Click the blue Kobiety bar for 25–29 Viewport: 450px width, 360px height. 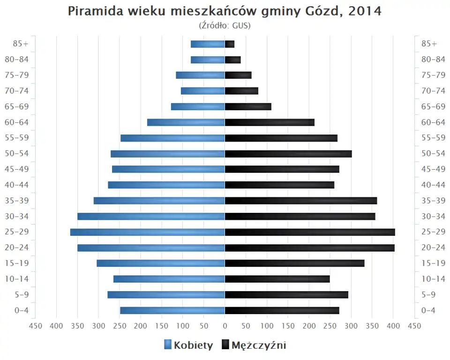click(x=147, y=232)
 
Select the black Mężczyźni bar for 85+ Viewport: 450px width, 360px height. click(x=230, y=44)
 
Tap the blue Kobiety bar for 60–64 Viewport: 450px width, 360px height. click(x=186, y=122)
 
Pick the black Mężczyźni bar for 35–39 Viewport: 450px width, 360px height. click(x=300, y=201)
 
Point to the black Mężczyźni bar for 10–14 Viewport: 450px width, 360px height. click(x=277, y=279)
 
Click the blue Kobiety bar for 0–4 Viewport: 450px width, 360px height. click(x=172, y=310)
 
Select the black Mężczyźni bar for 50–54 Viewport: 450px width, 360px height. click(x=288, y=154)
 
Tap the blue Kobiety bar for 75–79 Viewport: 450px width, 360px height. click(x=200, y=75)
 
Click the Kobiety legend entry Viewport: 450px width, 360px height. click(x=188, y=345)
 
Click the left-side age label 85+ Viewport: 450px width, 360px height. click(x=21, y=44)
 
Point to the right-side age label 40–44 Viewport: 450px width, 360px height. click(x=433, y=185)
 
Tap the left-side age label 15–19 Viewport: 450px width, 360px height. click(x=17, y=263)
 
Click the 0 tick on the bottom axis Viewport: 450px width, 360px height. click(x=225, y=326)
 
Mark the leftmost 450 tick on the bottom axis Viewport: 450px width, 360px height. click(x=35, y=326)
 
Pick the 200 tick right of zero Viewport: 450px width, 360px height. click(x=309, y=326)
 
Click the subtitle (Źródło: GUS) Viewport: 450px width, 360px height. click(x=225, y=25)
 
